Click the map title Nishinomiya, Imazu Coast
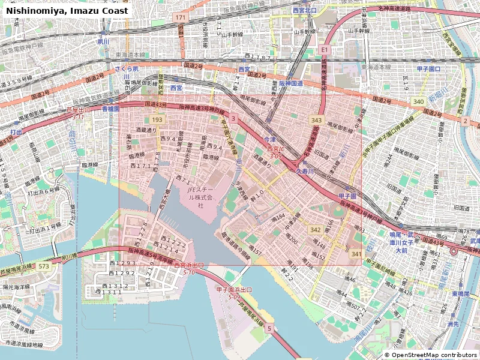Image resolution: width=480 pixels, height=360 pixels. (67, 11)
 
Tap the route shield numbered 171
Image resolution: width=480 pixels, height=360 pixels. (181, 18)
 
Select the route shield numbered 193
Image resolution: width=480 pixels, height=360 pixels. (157, 120)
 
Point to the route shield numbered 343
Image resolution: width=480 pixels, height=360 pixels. (316, 121)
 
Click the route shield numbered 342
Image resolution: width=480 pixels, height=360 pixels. (315, 230)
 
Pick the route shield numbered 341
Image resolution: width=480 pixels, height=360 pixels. (356, 254)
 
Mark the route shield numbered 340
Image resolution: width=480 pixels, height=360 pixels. (418, 102)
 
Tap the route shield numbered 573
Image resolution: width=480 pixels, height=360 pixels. (43, 265)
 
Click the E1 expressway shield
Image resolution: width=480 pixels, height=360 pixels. (325, 49)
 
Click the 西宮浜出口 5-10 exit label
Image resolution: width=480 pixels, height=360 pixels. (189, 268)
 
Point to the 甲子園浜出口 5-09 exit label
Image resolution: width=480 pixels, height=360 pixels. (233, 293)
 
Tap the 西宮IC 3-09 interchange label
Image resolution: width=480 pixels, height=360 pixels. (275, 152)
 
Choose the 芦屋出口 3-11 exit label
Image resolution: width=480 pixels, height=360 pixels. (77, 113)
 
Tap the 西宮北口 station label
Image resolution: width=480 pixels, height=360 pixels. (304, 11)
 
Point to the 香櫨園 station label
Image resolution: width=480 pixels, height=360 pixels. (110, 109)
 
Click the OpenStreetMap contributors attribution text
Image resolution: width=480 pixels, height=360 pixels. (430, 355)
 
